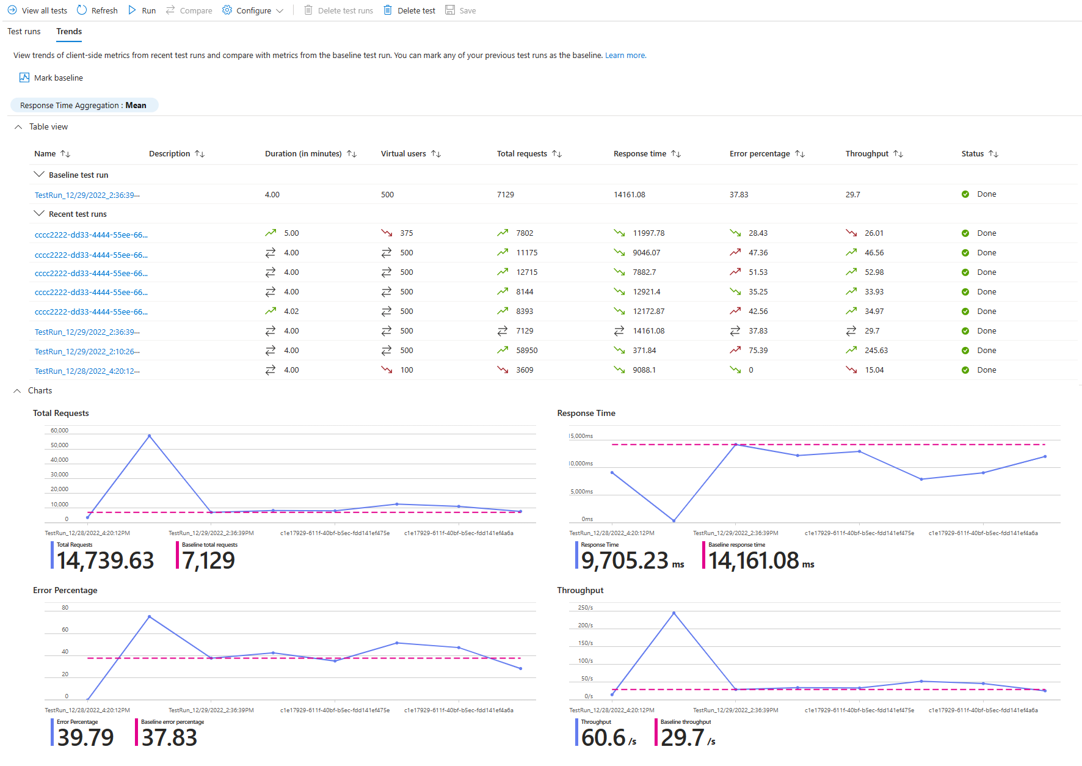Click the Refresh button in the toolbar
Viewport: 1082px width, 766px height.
point(97,10)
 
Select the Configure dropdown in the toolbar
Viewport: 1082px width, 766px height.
point(253,10)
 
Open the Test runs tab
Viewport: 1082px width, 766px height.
point(24,31)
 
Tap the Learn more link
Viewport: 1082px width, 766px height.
point(625,56)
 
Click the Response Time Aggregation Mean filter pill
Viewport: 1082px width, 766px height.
point(83,105)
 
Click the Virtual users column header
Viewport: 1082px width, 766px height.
point(404,154)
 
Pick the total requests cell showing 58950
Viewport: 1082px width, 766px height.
point(527,351)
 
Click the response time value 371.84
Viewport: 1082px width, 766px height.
point(644,351)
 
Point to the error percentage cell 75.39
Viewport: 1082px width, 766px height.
point(758,351)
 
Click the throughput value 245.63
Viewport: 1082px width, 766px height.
point(876,351)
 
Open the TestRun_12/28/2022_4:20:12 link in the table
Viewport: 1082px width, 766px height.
point(87,371)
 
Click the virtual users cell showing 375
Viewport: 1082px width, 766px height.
point(407,233)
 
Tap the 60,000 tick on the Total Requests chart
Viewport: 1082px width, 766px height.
point(59,431)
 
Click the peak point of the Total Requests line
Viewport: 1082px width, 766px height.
point(150,436)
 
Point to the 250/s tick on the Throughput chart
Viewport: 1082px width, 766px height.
point(586,608)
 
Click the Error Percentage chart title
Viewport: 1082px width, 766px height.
point(65,590)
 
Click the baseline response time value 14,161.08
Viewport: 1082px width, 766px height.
point(753,561)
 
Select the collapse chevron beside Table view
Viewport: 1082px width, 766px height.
point(18,127)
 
